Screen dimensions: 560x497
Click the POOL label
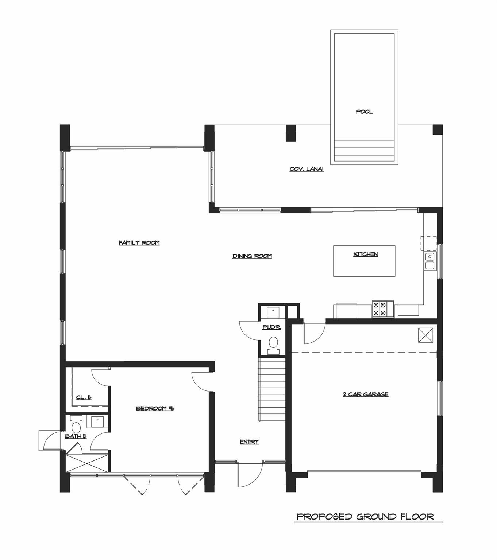point(364,112)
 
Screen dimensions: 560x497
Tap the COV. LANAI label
point(307,169)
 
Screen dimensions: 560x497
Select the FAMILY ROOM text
point(139,243)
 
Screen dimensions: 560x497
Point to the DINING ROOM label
point(252,256)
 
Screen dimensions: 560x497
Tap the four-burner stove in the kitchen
point(383,309)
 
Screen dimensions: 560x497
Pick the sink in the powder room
point(273,312)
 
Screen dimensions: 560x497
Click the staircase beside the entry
point(271,389)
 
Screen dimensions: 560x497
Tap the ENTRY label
point(249,442)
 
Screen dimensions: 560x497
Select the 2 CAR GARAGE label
point(365,394)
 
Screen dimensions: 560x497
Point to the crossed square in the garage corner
point(425,335)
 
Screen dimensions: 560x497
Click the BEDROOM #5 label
point(155,408)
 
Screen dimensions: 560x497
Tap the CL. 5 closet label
point(84,398)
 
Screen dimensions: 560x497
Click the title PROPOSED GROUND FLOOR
point(365,517)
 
